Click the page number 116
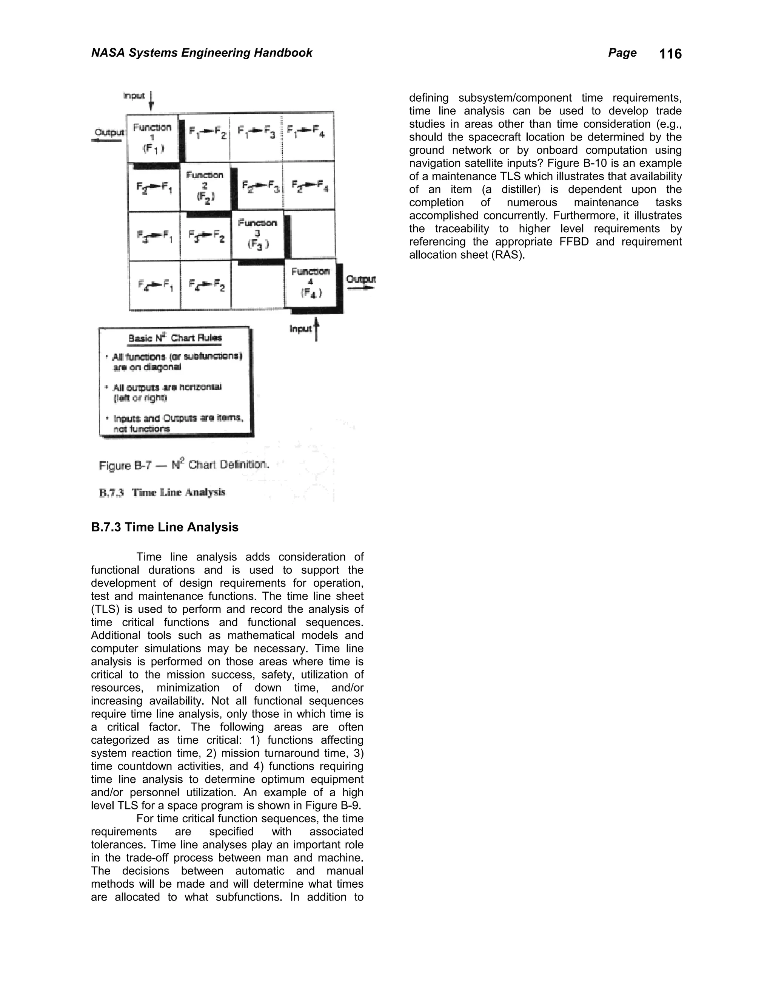pos(670,54)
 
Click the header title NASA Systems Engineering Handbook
pos(202,53)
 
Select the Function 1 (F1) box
pos(152,137)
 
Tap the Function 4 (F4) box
pos(311,283)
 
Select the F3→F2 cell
pos(206,236)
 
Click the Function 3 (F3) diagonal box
pos(258,233)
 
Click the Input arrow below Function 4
pos(316,330)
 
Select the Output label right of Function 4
pos(361,280)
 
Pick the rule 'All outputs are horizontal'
pos(167,387)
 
